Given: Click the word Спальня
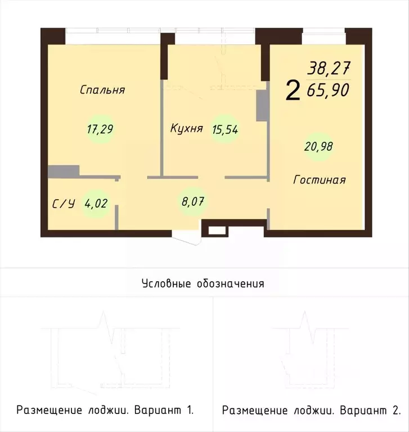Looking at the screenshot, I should click(x=102, y=90).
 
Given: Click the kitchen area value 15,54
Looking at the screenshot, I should click(x=224, y=129).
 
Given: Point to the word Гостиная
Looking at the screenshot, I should click(x=319, y=180).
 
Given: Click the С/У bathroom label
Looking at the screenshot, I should click(x=64, y=204).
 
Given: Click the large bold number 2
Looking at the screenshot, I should click(x=293, y=90).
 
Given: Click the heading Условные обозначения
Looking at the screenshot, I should click(x=203, y=283).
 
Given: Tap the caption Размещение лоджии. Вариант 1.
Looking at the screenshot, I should click(x=105, y=409).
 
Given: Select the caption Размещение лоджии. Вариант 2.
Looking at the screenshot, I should click(x=311, y=409).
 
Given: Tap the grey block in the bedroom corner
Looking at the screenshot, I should click(x=63, y=171).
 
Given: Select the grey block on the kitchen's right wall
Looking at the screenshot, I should click(x=262, y=107).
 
